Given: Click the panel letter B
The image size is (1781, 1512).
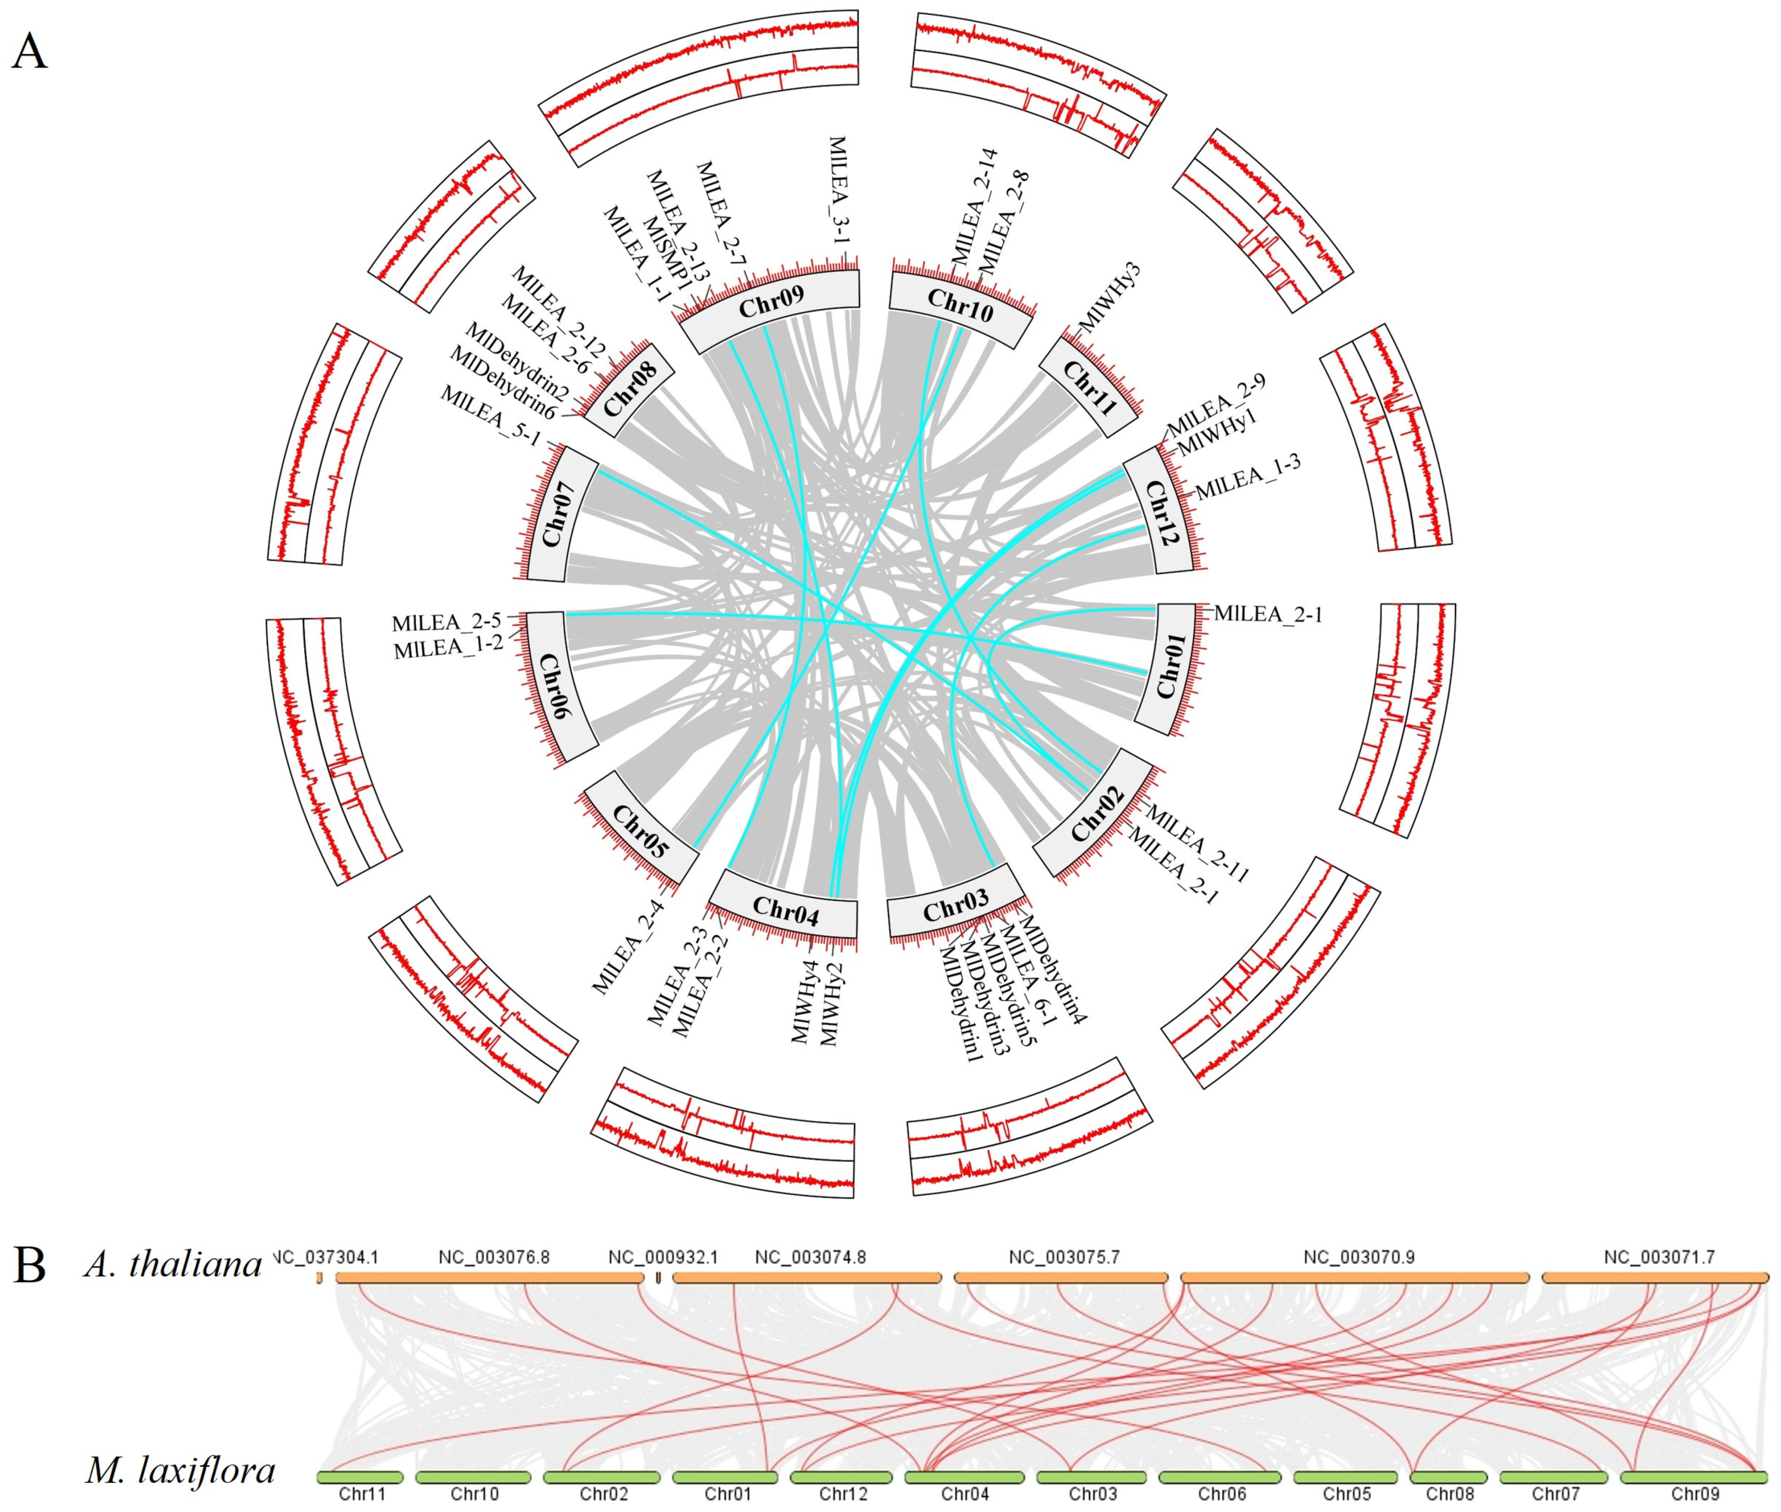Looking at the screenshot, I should coord(30,1265).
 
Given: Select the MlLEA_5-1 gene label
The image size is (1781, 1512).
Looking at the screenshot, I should coord(490,415).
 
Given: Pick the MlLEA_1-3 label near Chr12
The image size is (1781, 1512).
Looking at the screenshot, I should coord(1248,478).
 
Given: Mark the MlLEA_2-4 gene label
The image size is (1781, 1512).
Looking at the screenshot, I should coord(628,946).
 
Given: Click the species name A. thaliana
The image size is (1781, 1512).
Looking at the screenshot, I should coord(173,1264).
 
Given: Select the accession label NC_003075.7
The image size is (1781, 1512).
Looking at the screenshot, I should coord(1064,1258).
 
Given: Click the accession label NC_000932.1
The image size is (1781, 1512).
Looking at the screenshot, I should coord(662,1258).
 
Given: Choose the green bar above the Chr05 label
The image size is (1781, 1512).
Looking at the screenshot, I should coord(1346,1477).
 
